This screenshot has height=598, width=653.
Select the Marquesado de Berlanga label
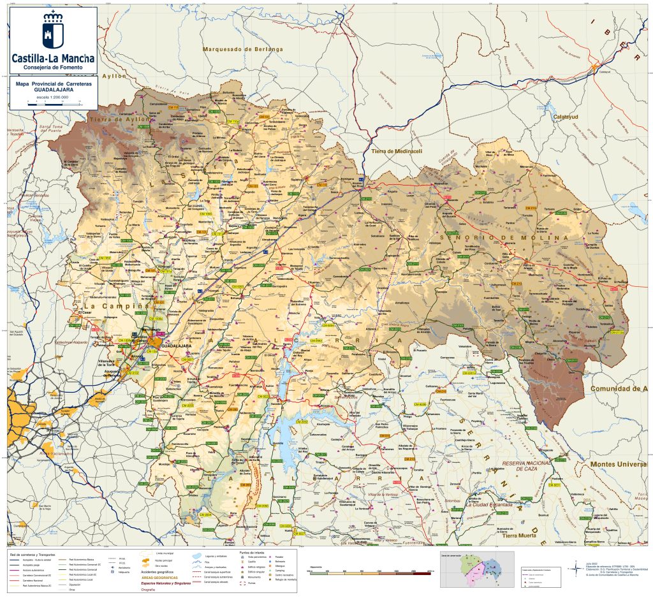242,49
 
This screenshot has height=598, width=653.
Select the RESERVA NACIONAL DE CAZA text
526,465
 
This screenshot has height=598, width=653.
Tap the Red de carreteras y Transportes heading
37,555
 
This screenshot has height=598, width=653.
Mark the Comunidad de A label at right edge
619,388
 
